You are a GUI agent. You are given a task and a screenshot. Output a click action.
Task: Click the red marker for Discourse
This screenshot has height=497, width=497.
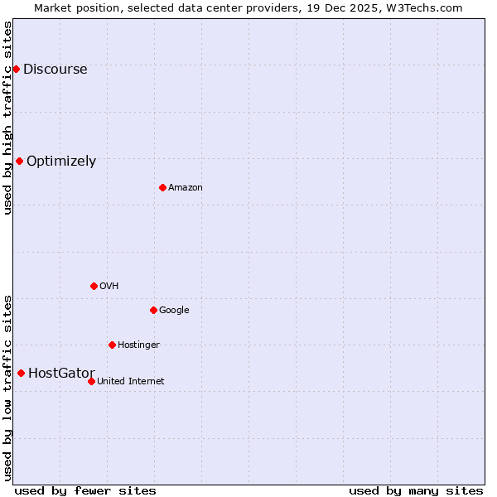(x=16, y=69)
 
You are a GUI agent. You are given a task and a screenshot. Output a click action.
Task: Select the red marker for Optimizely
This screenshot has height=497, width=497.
(x=19, y=161)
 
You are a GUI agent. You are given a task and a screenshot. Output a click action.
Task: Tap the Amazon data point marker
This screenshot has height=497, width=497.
(x=162, y=187)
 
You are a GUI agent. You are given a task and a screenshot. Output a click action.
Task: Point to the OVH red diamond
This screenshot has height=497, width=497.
(x=94, y=286)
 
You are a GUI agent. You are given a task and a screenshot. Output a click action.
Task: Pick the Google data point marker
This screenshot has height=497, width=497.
(x=153, y=310)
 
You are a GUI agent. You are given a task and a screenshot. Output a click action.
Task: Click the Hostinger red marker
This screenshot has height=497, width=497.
(x=112, y=345)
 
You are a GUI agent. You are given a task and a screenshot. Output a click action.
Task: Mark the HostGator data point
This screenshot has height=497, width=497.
(x=21, y=373)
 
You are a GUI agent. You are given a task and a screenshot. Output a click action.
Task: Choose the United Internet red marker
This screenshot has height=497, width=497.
(x=91, y=381)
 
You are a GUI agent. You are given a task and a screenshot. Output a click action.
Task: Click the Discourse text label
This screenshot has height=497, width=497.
(x=55, y=70)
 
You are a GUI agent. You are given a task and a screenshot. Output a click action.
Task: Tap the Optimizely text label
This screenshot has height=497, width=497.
(x=61, y=162)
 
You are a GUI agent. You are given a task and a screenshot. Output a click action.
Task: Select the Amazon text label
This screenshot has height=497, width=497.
(x=186, y=188)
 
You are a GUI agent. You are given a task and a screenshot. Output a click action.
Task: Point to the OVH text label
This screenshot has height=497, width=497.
(x=109, y=287)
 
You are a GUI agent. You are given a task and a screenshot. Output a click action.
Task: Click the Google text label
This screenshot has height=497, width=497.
(x=174, y=311)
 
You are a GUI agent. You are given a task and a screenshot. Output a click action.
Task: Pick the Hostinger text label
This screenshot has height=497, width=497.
(x=138, y=345)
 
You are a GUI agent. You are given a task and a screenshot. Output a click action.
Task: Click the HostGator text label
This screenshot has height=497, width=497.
(x=61, y=374)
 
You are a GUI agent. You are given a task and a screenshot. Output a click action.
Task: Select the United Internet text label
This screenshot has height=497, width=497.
(x=130, y=382)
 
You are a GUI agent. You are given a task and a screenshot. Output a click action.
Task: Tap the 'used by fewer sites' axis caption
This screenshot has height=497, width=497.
(x=85, y=490)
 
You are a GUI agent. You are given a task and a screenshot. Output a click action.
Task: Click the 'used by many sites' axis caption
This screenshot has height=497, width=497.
(x=416, y=490)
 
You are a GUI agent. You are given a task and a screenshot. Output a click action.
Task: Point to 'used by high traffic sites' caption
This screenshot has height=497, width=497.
(x=7, y=118)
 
